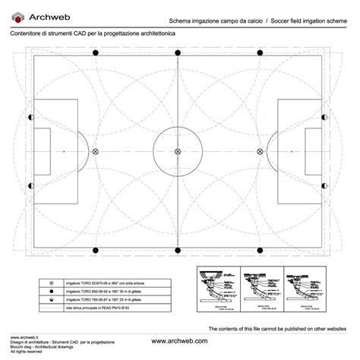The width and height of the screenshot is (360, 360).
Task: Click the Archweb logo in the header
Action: [x=31, y=15]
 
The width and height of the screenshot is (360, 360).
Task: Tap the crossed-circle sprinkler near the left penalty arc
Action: [x=95, y=153]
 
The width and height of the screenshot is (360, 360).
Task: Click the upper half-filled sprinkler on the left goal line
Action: [x=30, y=118]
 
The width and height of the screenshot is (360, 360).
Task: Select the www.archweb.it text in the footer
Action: [x=24, y=335]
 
